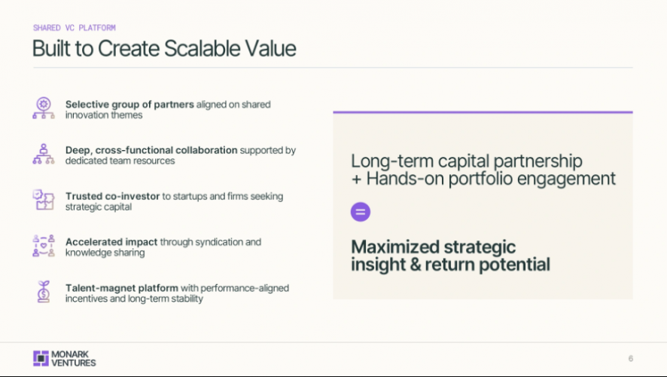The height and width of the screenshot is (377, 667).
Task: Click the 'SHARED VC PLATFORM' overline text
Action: click(x=74, y=28)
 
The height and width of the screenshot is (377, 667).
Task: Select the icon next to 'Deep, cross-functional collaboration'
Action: click(x=44, y=154)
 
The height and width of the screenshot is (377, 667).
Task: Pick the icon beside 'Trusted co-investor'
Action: click(x=44, y=201)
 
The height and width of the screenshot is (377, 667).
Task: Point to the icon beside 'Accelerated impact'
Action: click(x=44, y=247)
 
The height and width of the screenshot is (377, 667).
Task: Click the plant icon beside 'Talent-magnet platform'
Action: click(x=44, y=292)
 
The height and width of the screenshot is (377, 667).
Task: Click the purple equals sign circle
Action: click(x=361, y=212)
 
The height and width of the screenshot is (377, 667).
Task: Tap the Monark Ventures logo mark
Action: click(x=41, y=358)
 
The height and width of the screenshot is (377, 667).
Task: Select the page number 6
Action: click(x=630, y=358)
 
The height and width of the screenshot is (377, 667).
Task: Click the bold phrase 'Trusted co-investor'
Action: click(x=112, y=196)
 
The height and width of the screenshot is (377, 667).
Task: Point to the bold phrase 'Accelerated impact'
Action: click(x=111, y=242)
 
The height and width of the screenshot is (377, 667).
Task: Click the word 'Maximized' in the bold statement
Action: click(x=393, y=247)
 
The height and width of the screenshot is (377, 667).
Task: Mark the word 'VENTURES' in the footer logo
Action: click(x=75, y=363)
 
